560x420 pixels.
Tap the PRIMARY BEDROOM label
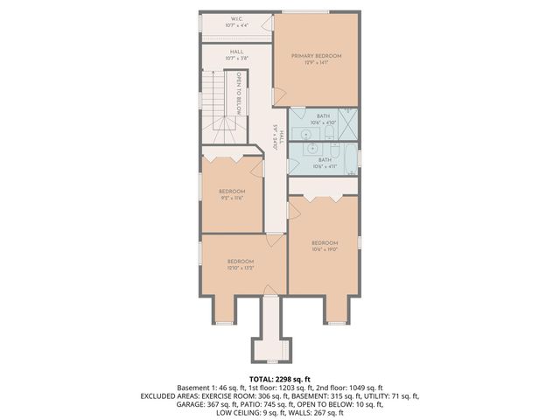click(x=316, y=59)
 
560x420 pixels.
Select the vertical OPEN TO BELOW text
click(x=237, y=92)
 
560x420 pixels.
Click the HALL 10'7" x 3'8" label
click(x=237, y=55)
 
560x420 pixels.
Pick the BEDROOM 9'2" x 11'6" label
click(x=231, y=194)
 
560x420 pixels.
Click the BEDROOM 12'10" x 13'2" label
click(x=241, y=265)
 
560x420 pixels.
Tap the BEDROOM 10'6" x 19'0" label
click(x=324, y=246)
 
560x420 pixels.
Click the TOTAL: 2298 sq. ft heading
click(x=279, y=377)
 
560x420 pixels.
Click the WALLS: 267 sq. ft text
click(x=316, y=414)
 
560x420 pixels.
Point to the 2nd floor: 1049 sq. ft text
click(x=349, y=387)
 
